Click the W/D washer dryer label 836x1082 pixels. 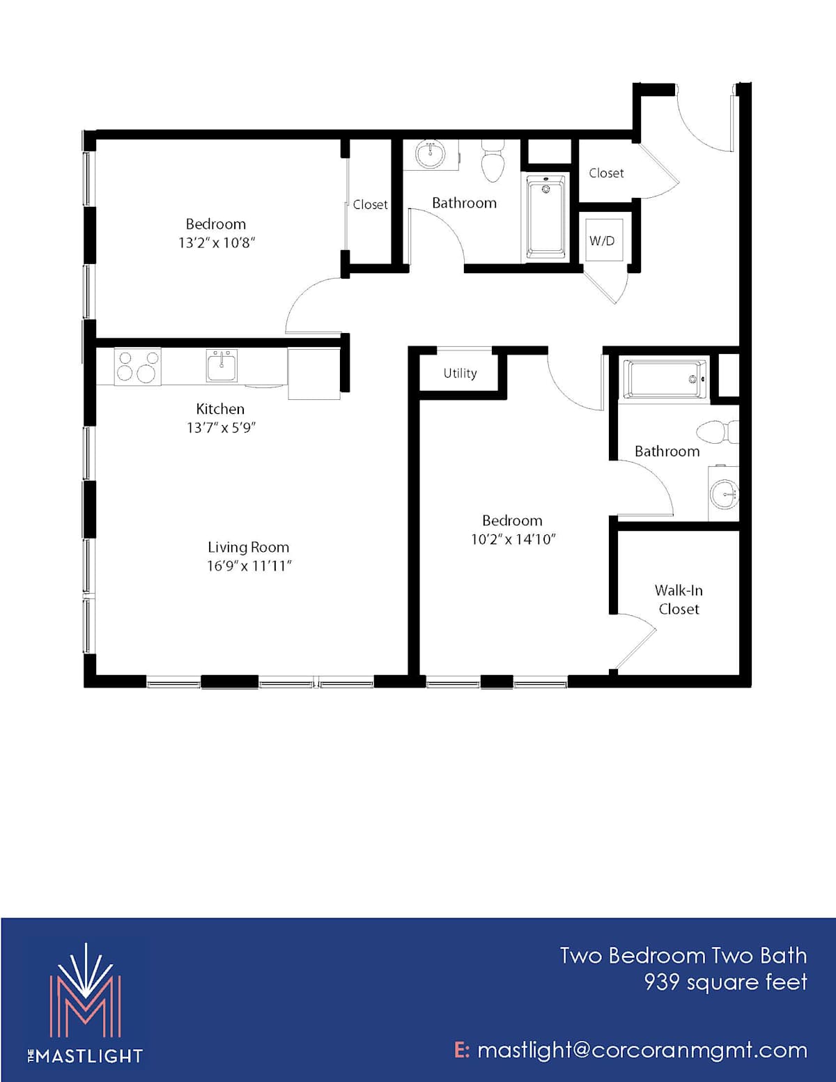click(x=602, y=241)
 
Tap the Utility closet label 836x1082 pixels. click(x=460, y=373)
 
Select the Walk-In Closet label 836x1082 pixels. click(x=679, y=599)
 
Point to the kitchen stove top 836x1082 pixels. click(x=138, y=366)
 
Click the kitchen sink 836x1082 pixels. click(x=222, y=366)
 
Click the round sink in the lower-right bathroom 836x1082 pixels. click(x=725, y=494)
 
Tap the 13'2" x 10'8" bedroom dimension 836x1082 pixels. click(x=217, y=243)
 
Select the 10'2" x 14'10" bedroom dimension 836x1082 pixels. click(x=513, y=539)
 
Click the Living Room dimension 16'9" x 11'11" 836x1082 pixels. click(x=249, y=566)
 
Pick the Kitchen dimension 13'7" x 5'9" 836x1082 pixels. click(x=221, y=428)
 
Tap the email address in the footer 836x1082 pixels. click(x=631, y=1050)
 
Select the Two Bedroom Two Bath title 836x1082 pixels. click(x=683, y=956)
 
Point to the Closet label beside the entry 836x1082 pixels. click(x=606, y=173)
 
